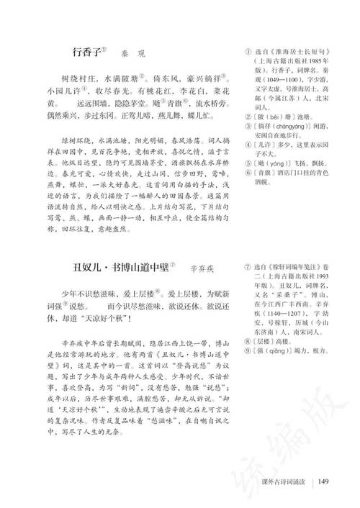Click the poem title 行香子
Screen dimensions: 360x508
point(89,53)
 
